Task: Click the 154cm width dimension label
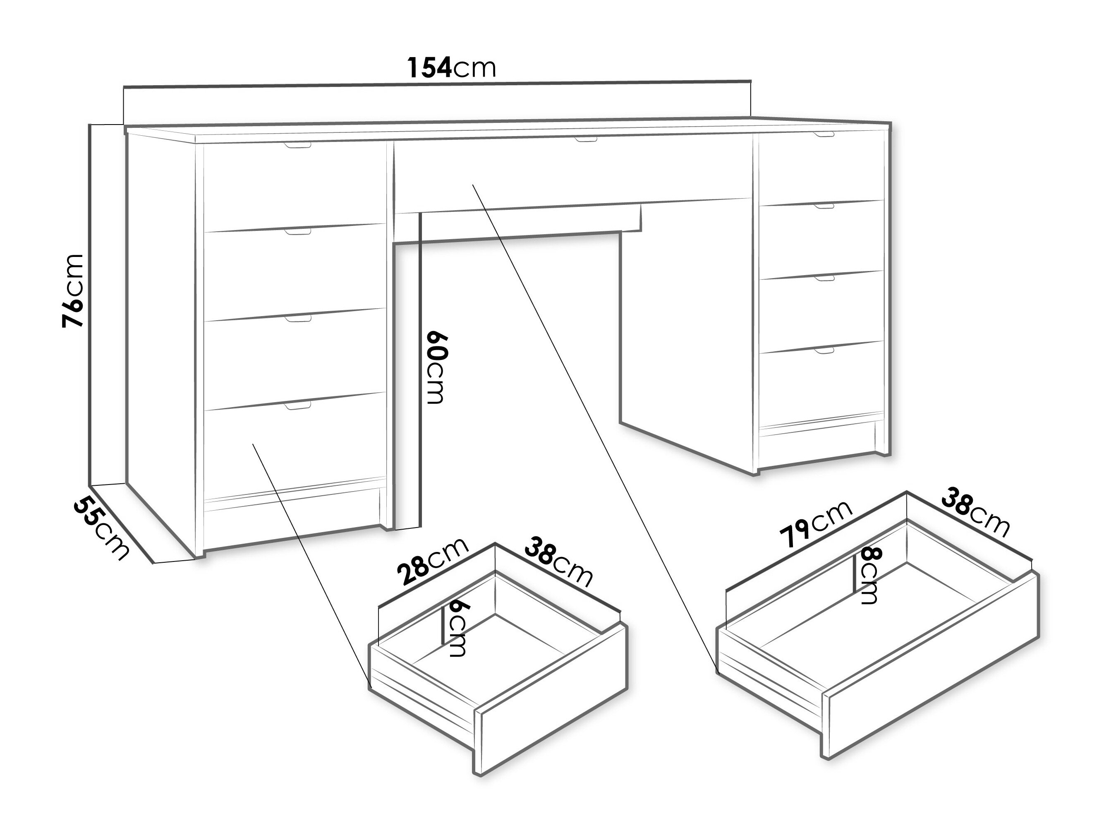tap(451, 67)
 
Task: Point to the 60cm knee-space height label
tap(437, 367)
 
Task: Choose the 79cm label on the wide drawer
tap(816, 524)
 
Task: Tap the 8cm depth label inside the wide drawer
tap(868, 576)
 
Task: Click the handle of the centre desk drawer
tap(586, 140)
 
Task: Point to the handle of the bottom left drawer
tap(297, 406)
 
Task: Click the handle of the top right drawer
tap(824, 134)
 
